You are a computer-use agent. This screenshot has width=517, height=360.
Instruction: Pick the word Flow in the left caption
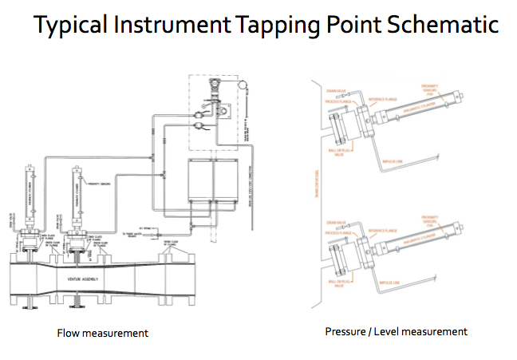71,332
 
